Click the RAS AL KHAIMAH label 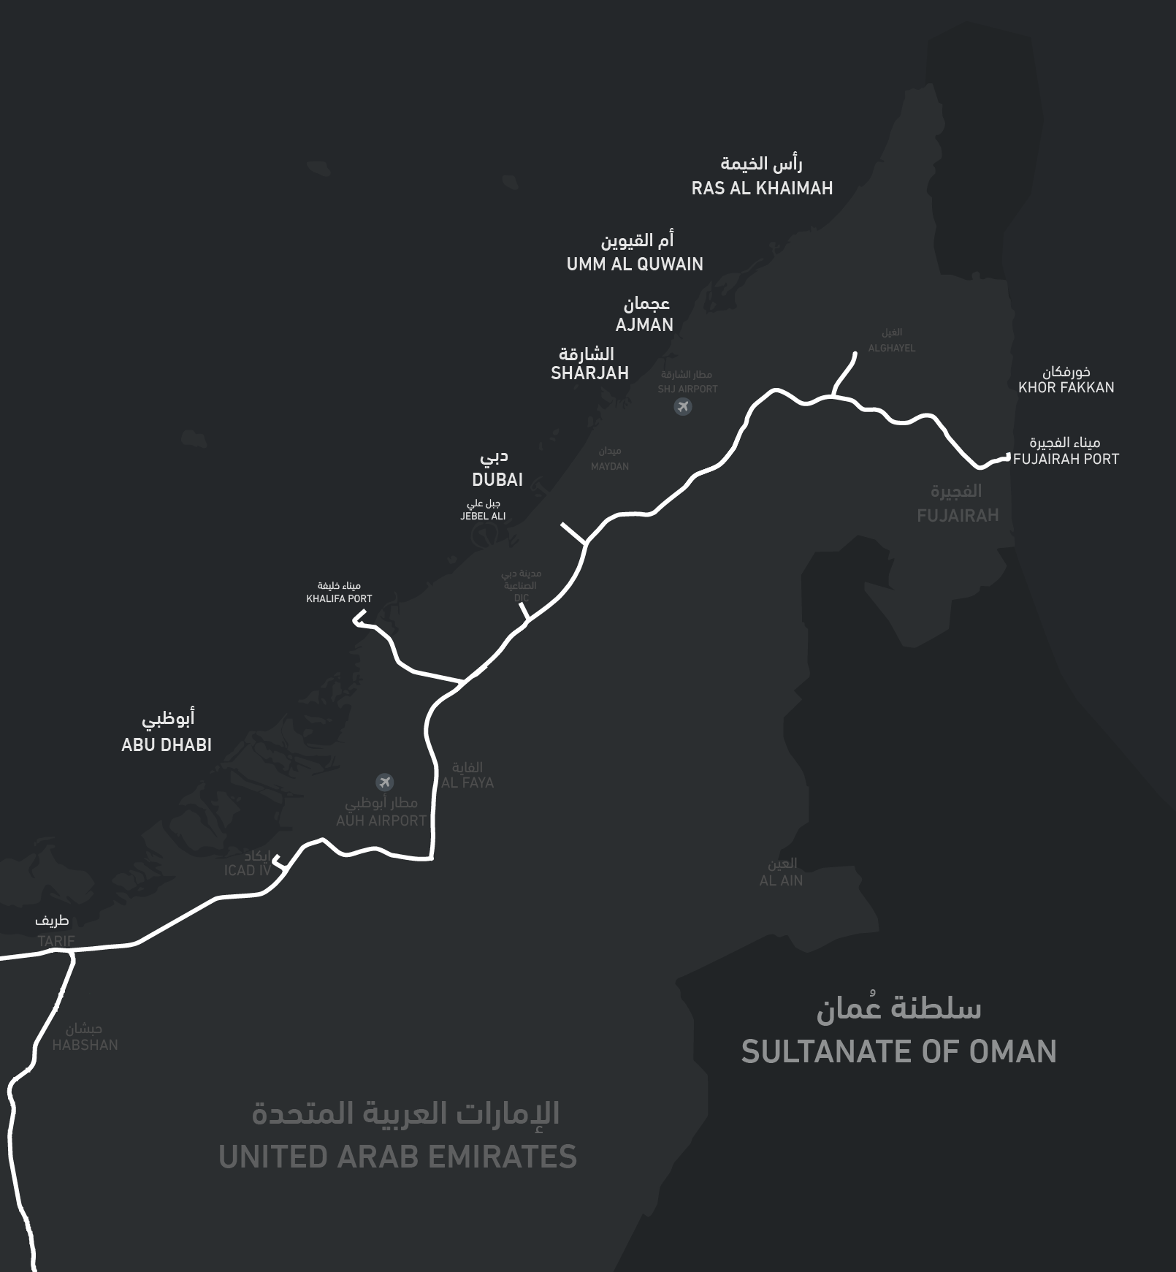762,188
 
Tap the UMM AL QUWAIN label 635,264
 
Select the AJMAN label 644,325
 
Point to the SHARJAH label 589,373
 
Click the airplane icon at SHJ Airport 683,406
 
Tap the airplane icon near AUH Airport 385,782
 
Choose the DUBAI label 497,480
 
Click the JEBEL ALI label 483,517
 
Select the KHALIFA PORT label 339,599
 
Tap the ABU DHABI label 167,745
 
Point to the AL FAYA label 467,782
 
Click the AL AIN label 781,881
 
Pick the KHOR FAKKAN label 1066,388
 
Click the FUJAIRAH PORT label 1066,460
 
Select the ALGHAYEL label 891,349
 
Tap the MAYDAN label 610,467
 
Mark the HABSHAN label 85,1046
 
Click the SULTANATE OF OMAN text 898,1052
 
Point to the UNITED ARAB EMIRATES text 397,1157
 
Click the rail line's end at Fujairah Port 1007,457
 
